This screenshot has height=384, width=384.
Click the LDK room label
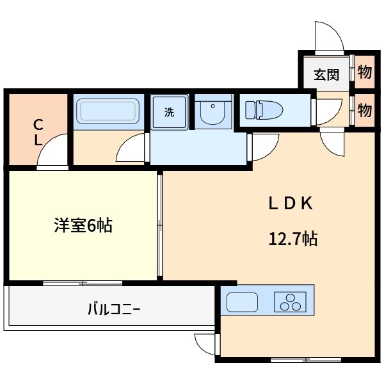tap(289, 204)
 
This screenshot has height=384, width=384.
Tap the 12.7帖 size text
tap(293, 240)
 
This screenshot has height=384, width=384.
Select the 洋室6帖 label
tap(83, 225)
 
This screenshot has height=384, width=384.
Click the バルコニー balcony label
tap(113, 310)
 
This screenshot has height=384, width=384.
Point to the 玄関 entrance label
tap(326, 75)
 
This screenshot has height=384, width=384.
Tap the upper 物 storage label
tap(364, 72)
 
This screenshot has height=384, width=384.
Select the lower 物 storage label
tap(364, 110)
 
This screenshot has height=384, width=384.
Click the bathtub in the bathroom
tap(108, 112)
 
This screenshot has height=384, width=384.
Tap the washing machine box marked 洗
tap(169, 113)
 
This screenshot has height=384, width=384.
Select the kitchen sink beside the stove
tap(242, 301)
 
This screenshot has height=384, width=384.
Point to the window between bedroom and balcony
tap(83, 282)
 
